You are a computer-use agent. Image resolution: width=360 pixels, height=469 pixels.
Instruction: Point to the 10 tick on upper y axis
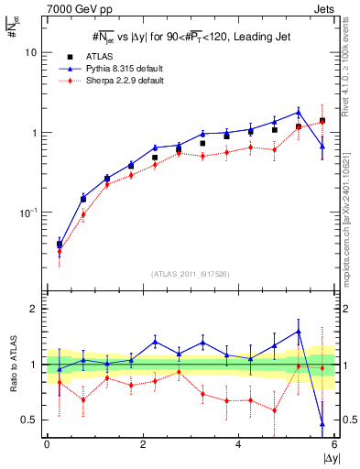coord(30,52)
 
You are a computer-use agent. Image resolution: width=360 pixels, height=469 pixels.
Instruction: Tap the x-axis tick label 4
coord(238,444)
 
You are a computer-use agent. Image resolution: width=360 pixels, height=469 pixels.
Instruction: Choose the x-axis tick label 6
coord(334,444)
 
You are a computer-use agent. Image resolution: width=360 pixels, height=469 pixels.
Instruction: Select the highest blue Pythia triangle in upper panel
coord(299,113)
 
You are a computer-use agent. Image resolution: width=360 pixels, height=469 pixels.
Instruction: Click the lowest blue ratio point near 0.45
coord(322,424)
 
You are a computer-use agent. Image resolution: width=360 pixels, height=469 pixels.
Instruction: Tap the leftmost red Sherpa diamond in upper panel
coord(60,252)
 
